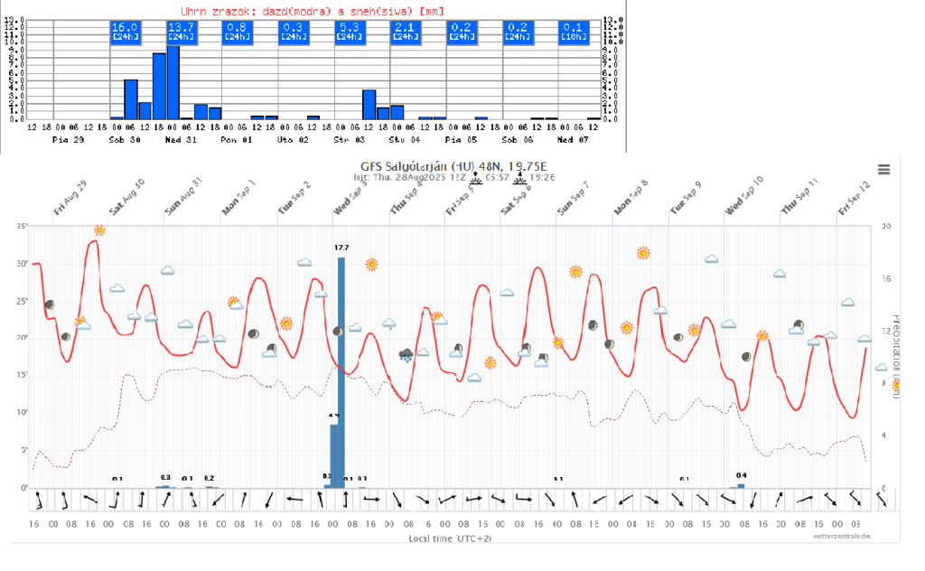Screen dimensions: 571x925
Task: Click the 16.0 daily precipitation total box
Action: pyautogui.click(x=124, y=32)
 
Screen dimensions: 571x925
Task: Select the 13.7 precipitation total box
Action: pyautogui.click(x=181, y=32)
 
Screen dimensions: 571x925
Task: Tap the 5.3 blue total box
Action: pyautogui.click(x=349, y=32)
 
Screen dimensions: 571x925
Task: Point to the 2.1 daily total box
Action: pyautogui.click(x=405, y=32)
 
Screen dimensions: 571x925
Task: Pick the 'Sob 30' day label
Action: pyautogui.click(x=124, y=140)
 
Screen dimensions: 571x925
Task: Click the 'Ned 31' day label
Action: pyautogui.click(x=181, y=140)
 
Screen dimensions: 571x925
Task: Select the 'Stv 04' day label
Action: pyautogui.click(x=404, y=140)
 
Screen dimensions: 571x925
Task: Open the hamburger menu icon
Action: pyautogui.click(x=883, y=170)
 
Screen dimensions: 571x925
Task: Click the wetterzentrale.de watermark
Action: pyautogui.click(x=840, y=536)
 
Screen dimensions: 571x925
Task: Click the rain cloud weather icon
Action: pyautogui.click(x=406, y=353)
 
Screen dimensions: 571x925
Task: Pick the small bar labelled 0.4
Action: pyautogui.click(x=741, y=485)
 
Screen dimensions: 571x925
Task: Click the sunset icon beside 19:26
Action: pyautogui.click(x=521, y=179)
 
